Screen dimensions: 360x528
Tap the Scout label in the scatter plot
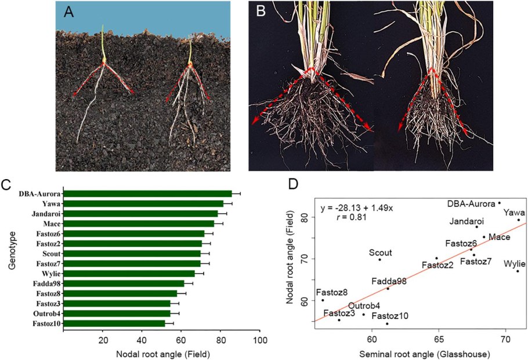tap(381, 253)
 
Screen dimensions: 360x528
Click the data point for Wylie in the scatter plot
tap(518, 271)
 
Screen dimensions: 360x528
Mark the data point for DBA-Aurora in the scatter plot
tap(499, 203)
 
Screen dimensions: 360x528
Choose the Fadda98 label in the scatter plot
tap(389, 281)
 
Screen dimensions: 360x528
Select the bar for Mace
tap(139, 224)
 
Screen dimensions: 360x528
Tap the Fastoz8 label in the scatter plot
tap(331, 292)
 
